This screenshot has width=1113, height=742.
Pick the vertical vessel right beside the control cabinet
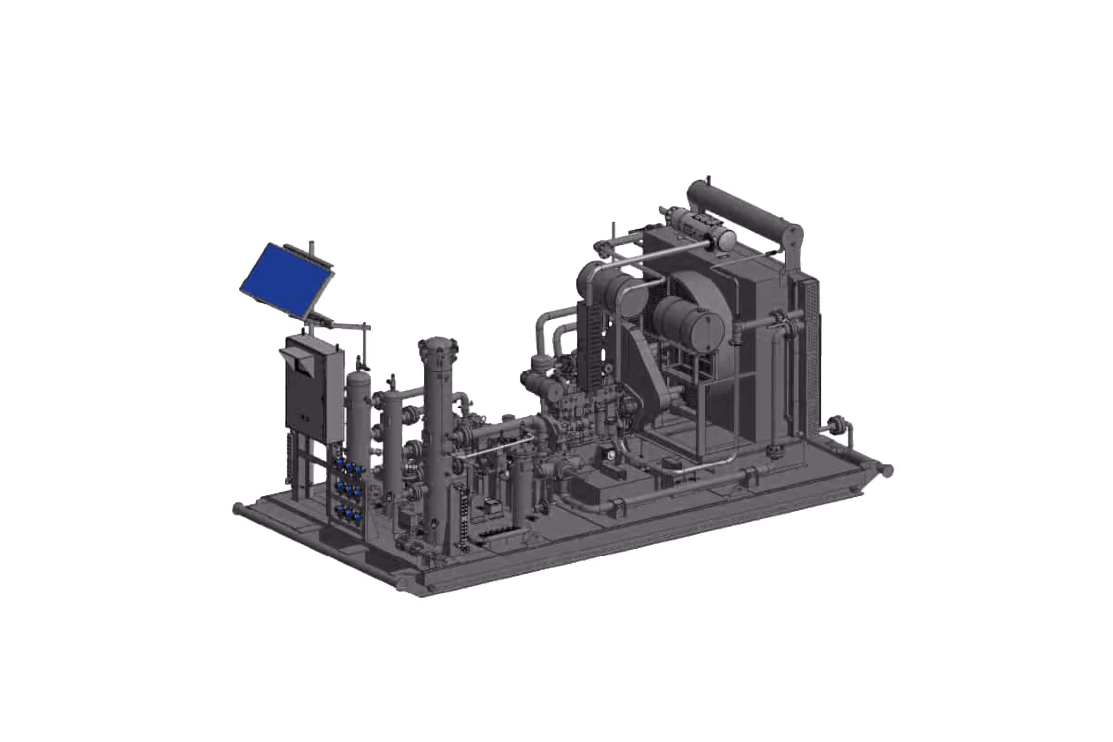359,416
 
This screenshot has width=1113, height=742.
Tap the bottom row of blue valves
350,513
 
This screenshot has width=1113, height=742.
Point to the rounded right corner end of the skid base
887,470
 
